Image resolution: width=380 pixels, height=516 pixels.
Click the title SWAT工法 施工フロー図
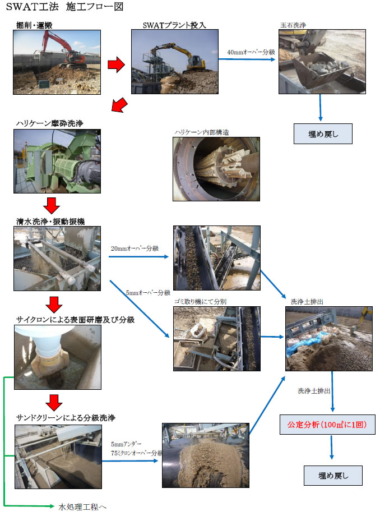(65, 7)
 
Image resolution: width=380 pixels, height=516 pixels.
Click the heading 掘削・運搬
(34, 25)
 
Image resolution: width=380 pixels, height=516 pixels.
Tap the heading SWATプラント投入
(174, 25)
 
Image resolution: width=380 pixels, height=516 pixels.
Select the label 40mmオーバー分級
(251, 52)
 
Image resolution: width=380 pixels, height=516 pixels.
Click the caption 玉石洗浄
(293, 25)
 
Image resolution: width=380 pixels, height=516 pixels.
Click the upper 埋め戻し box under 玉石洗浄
(323, 134)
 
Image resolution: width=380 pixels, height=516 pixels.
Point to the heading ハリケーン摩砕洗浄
(50, 123)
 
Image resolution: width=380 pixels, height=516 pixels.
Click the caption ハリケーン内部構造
(202, 132)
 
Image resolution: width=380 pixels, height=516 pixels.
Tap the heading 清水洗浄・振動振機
(50, 222)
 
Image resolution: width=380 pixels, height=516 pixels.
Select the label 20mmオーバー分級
(135, 248)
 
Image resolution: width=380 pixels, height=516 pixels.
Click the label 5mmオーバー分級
(149, 293)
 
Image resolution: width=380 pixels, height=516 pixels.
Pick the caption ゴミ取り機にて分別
(200, 301)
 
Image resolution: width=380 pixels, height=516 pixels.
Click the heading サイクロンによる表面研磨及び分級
(75, 320)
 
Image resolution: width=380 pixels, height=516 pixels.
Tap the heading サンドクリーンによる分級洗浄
(66, 418)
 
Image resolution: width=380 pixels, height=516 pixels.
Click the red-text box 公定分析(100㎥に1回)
(327, 425)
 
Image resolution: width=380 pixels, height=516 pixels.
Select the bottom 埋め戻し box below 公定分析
(333, 476)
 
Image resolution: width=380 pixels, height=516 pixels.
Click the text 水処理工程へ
(82, 507)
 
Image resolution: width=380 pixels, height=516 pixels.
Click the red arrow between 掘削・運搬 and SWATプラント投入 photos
(116, 64)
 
